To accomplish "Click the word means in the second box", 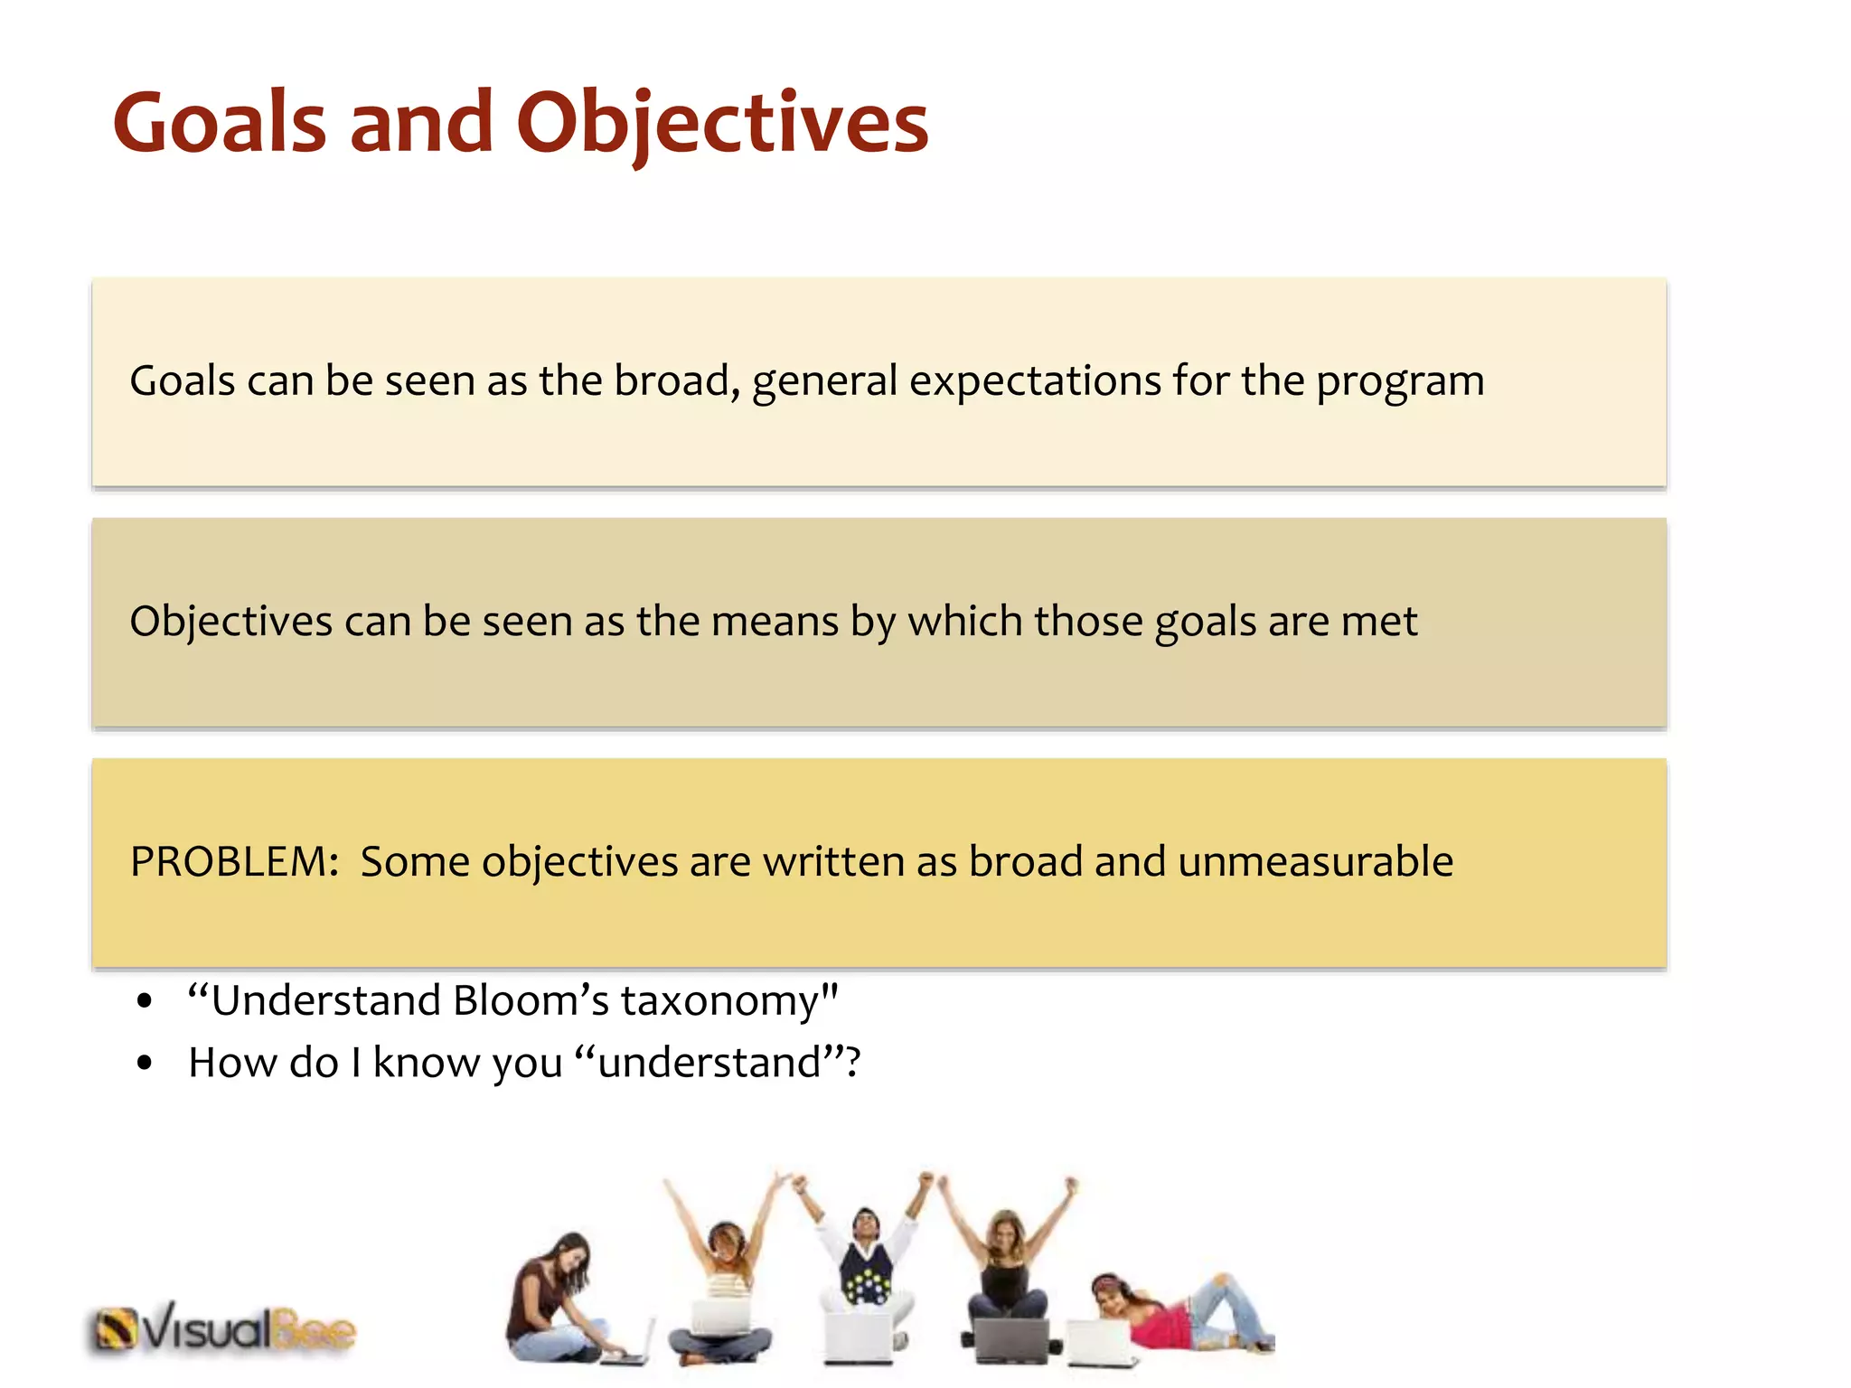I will coord(775,622).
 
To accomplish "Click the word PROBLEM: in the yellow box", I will coord(234,861).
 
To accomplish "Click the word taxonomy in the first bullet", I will coord(728,1001).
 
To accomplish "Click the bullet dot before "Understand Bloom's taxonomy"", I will coord(145,1002).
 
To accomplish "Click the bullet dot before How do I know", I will coord(145,1064).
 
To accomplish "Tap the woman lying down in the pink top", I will coord(1175,1310).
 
